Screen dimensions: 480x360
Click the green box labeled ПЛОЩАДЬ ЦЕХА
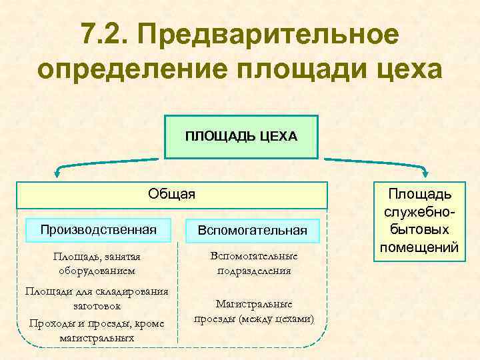click(241, 137)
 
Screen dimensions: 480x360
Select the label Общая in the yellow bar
click(172, 194)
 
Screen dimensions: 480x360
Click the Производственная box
click(98, 229)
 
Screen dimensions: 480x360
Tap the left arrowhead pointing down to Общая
click(58, 174)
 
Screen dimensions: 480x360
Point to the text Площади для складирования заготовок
click(97, 299)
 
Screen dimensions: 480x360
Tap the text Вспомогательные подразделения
click(253, 263)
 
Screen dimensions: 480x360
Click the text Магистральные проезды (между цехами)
click(253, 311)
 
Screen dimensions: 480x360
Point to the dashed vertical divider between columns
click(178, 293)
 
